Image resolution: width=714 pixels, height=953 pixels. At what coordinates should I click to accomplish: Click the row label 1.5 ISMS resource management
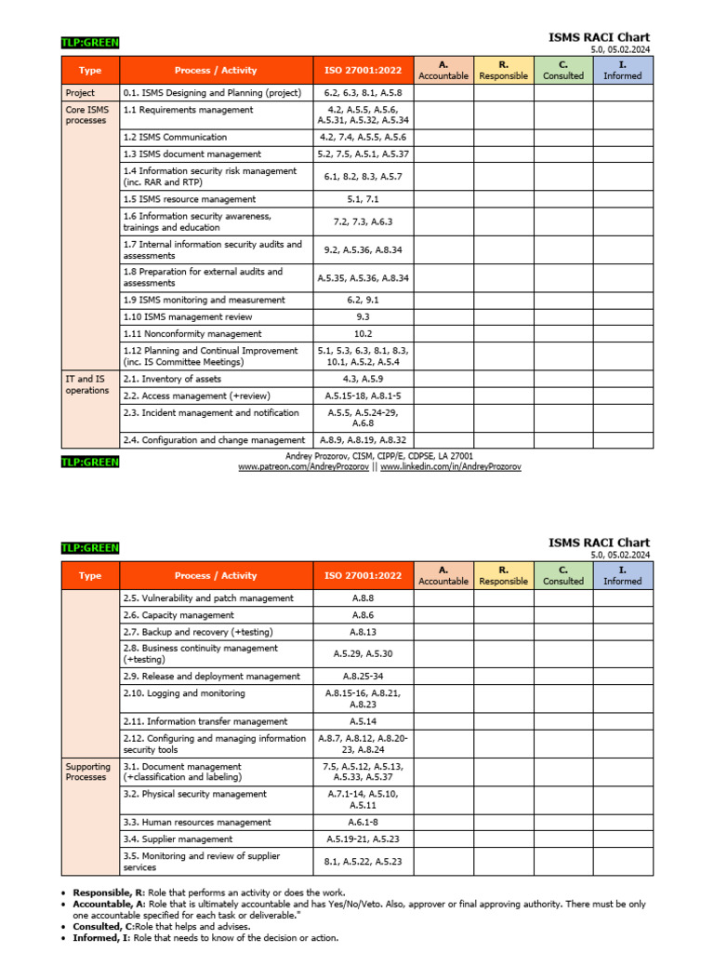click(x=189, y=199)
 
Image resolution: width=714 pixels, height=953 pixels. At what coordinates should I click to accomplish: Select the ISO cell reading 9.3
click(x=363, y=316)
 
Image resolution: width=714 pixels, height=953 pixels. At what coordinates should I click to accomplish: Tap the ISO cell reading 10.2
click(x=363, y=333)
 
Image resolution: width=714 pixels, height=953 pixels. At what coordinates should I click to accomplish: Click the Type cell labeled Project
click(x=80, y=93)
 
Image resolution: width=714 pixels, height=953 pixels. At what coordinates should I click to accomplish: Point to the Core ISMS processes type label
click(x=86, y=114)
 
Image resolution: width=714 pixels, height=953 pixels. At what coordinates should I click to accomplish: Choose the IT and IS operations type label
click(x=86, y=384)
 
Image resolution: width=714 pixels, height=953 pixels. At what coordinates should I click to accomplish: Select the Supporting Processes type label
click(x=87, y=772)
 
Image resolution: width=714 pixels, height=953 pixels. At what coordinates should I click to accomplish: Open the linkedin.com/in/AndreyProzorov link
click(x=450, y=467)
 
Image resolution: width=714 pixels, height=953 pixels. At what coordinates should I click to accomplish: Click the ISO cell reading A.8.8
click(x=363, y=598)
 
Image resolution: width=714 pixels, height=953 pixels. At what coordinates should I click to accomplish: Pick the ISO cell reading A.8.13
click(x=363, y=632)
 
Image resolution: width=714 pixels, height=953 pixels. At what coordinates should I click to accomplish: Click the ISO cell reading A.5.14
click(x=363, y=721)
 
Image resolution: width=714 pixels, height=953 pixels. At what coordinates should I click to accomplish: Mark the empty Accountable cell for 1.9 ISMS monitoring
click(x=443, y=300)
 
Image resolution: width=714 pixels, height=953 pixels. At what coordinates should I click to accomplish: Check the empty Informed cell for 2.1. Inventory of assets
click(x=623, y=379)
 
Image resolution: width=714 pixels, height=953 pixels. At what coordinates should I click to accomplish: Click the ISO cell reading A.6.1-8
click(x=363, y=823)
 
